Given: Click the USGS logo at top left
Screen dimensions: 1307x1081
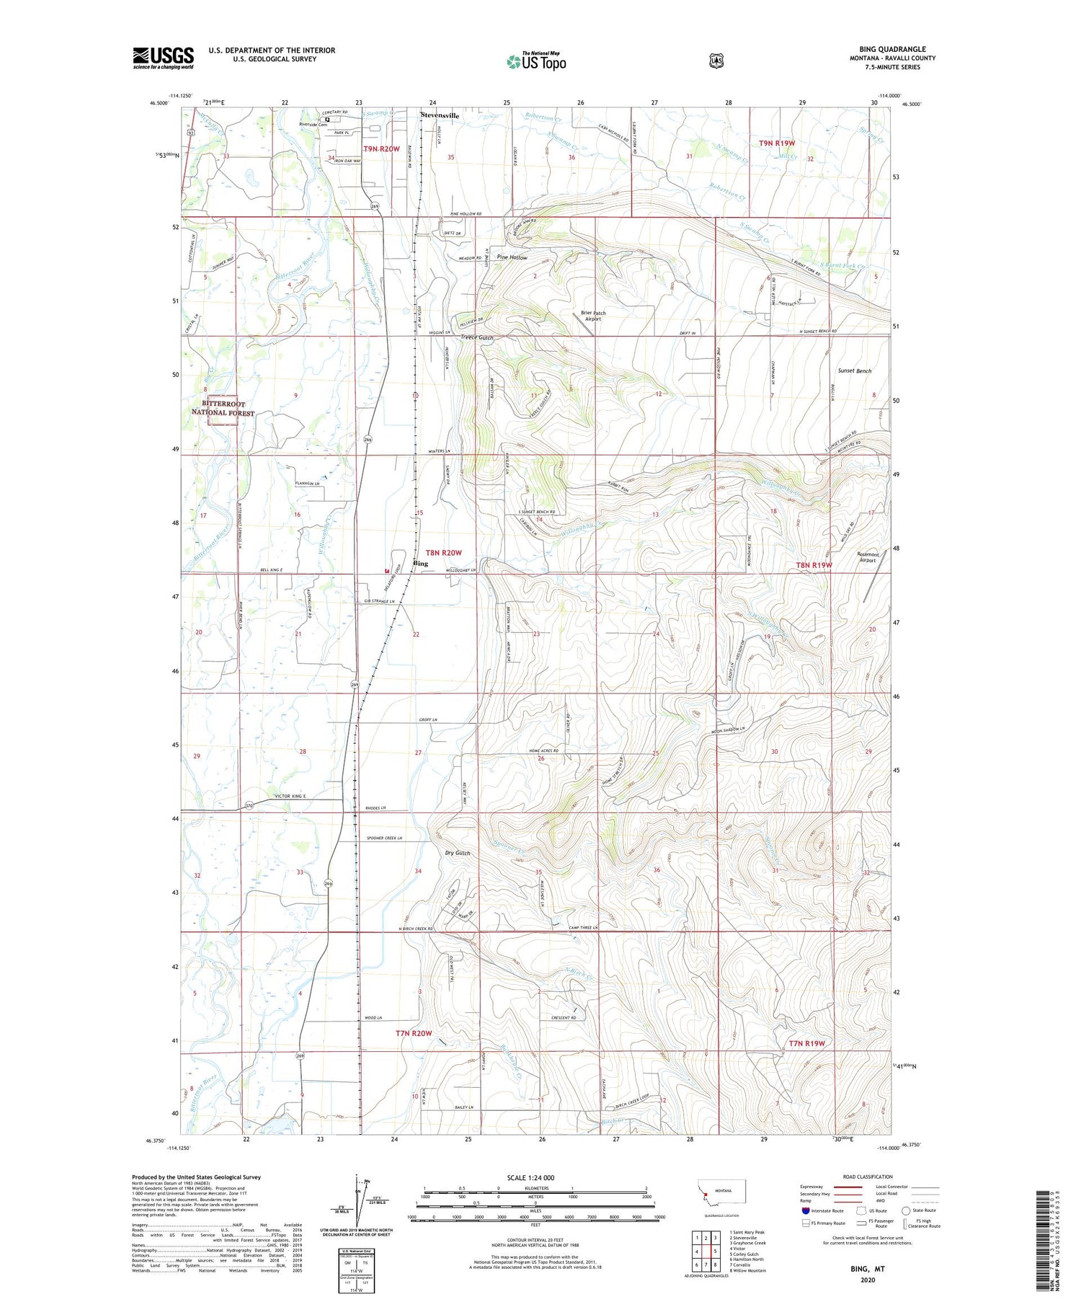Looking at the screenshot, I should (163, 58).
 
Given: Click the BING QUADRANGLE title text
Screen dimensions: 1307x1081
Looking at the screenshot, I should (891, 49).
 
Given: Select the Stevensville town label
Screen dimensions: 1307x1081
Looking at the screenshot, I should (440, 115).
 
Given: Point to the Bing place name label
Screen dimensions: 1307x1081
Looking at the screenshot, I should (420, 564).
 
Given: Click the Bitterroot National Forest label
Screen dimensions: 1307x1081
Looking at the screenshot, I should (223, 408).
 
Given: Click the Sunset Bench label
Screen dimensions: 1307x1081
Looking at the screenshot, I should (854, 371).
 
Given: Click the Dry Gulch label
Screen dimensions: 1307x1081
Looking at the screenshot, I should (457, 853).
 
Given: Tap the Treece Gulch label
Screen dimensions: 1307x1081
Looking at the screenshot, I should (477, 337).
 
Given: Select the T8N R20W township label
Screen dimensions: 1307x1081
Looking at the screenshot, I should (443, 552).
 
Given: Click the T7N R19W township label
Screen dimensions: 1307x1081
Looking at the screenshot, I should (806, 1043).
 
